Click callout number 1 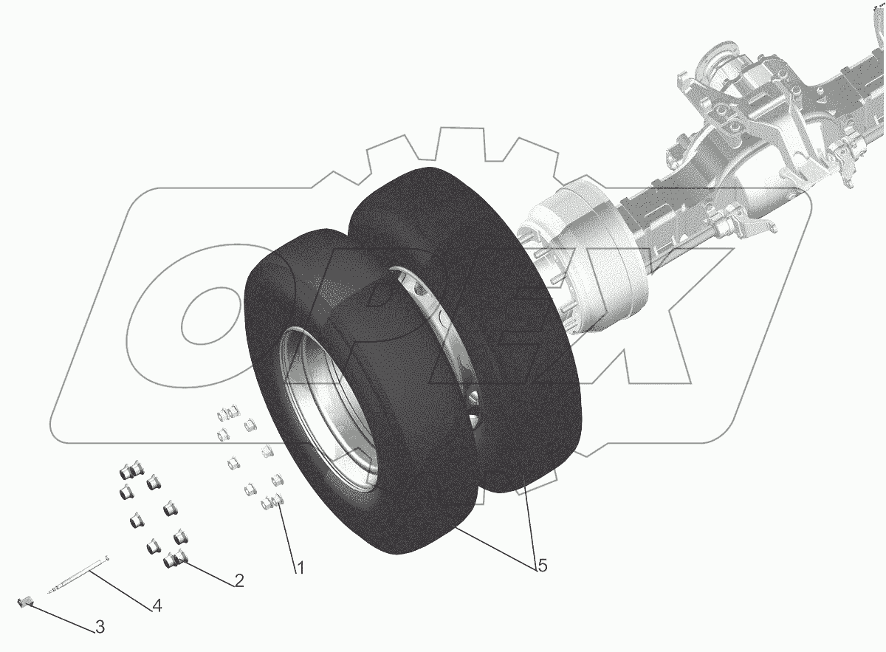click(301, 568)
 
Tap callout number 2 click(239, 581)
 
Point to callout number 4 click(157, 605)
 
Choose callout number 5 click(542, 566)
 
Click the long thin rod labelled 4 click(77, 576)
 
